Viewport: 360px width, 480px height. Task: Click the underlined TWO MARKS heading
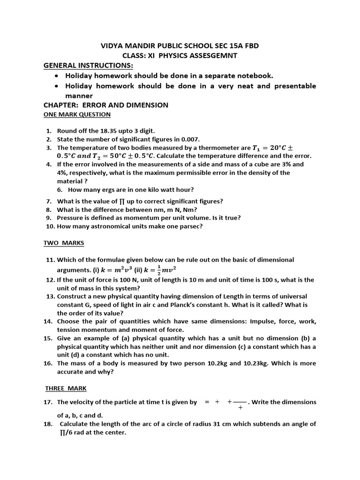(64, 243)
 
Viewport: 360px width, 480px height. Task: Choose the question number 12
(50, 279)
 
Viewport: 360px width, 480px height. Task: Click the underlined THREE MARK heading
(66, 388)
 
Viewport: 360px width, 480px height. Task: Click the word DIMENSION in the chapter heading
(149, 105)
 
